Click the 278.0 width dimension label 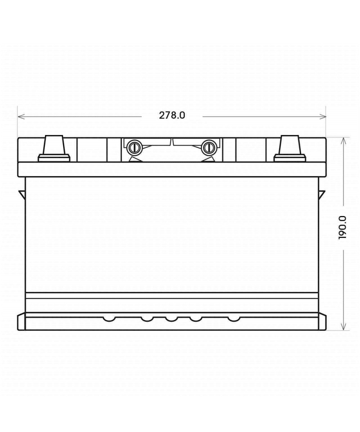172,116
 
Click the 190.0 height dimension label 342,228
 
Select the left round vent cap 135,148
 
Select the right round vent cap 208,148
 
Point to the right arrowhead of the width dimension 323,117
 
